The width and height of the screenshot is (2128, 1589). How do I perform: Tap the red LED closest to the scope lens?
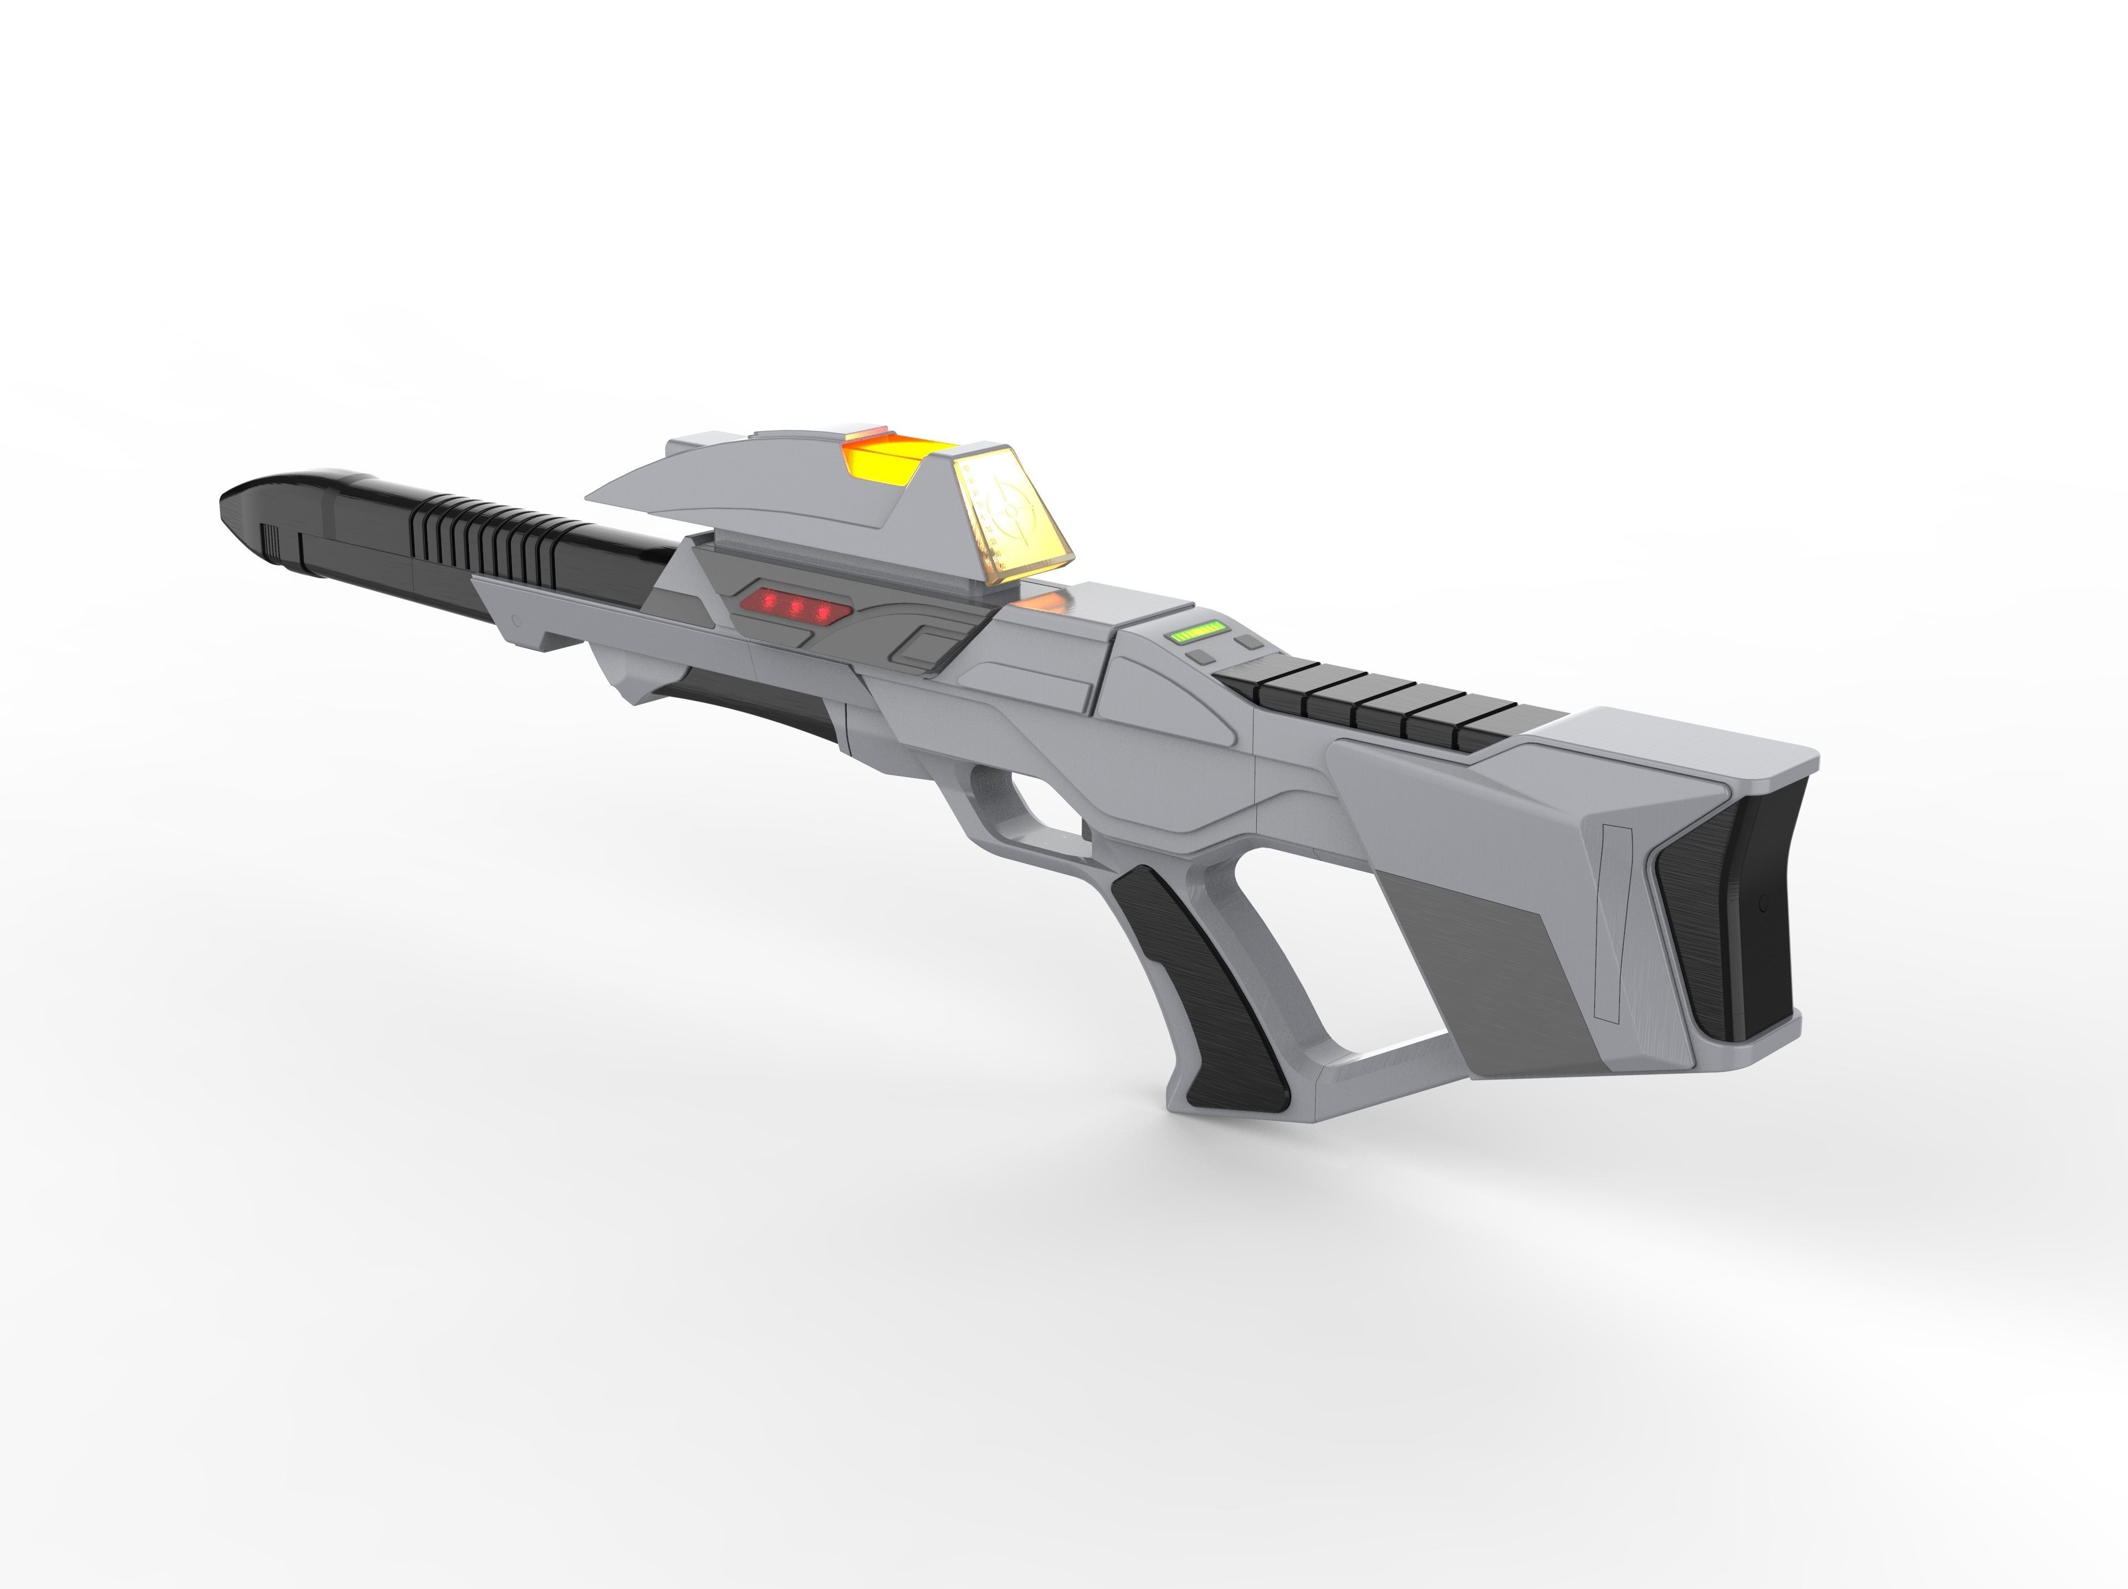pyautogui.click(x=822, y=612)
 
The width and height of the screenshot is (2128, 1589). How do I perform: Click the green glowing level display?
pyautogui.click(x=1195, y=632)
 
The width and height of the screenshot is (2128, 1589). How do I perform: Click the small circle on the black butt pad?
pyautogui.click(x=1763, y=903)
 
